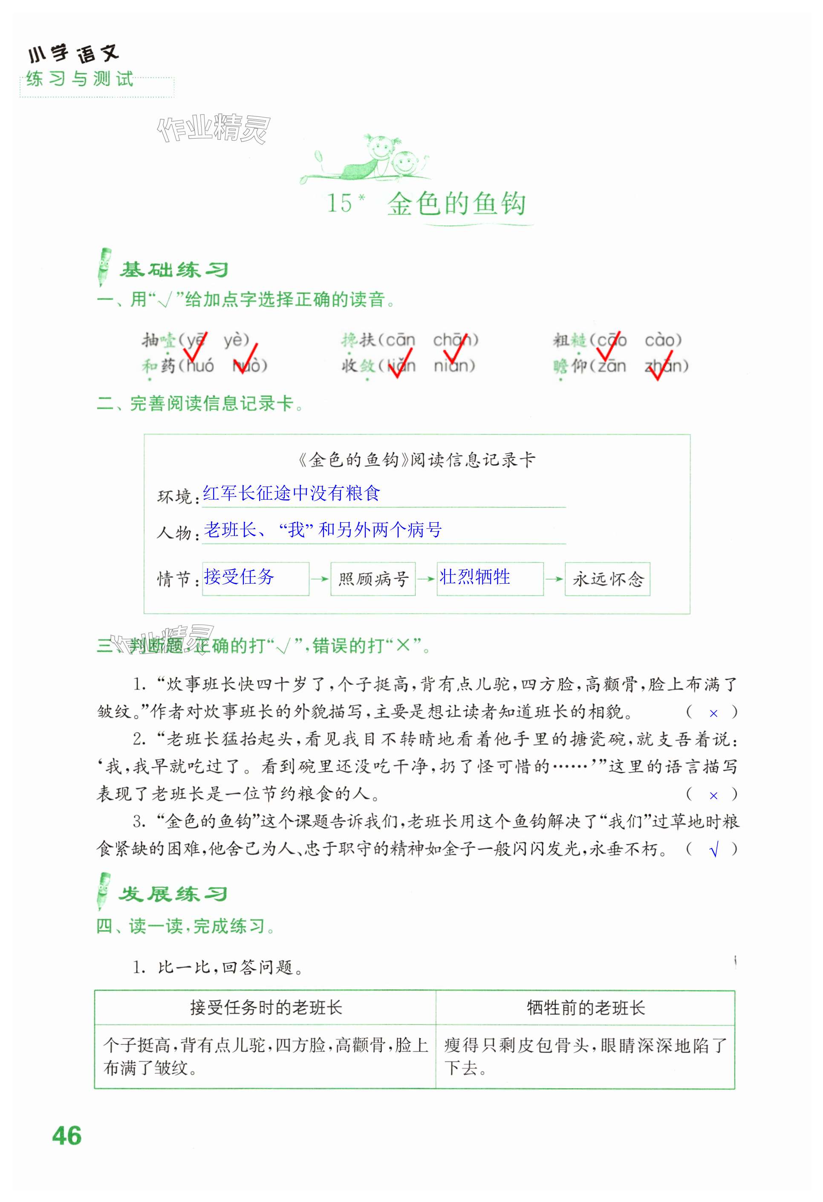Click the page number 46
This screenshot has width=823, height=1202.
66,1136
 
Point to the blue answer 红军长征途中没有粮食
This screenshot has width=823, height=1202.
291,493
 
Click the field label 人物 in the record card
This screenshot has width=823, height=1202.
174,532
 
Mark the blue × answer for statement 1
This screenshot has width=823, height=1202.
713,713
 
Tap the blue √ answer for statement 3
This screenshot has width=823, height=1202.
714,850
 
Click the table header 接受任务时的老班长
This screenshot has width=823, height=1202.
266,1008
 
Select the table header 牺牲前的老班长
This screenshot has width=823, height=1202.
585,1008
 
